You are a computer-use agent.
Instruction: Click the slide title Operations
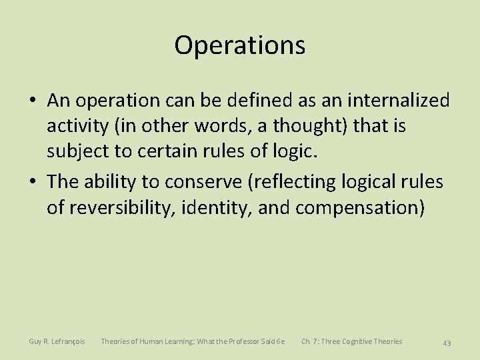[x=240, y=45]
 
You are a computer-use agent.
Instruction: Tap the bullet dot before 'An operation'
[x=33, y=101]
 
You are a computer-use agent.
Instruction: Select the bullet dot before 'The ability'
[x=33, y=181]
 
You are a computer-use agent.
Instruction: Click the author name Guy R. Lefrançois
[x=57, y=341]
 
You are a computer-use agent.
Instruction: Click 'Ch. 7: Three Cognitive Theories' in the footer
[x=351, y=341]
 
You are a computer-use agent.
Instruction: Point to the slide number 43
[x=447, y=343]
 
